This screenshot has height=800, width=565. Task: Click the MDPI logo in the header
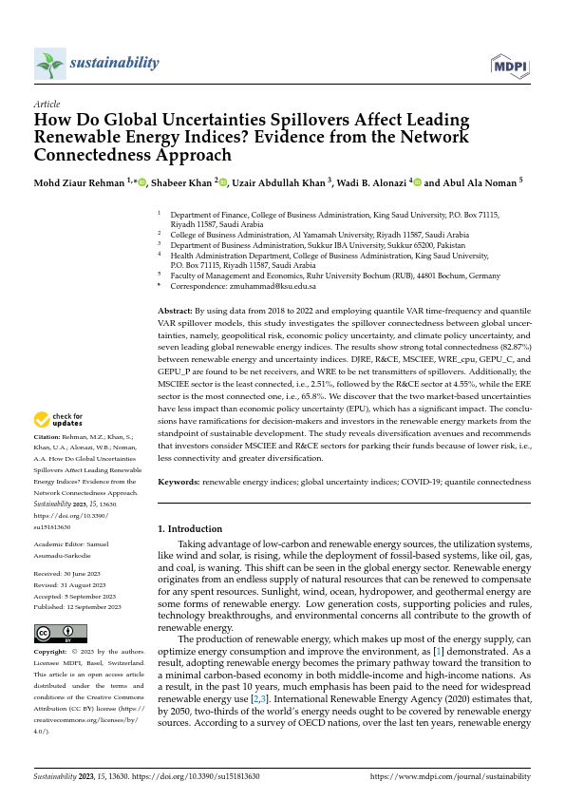click(510, 65)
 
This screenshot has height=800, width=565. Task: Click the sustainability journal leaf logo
click(48, 65)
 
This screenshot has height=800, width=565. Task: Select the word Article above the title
click(47, 104)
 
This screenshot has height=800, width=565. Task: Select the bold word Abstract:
click(175, 310)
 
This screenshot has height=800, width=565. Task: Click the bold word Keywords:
click(179, 482)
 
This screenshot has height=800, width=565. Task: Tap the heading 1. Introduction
click(190, 528)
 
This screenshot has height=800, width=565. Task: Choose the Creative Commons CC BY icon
click(60, 633)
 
